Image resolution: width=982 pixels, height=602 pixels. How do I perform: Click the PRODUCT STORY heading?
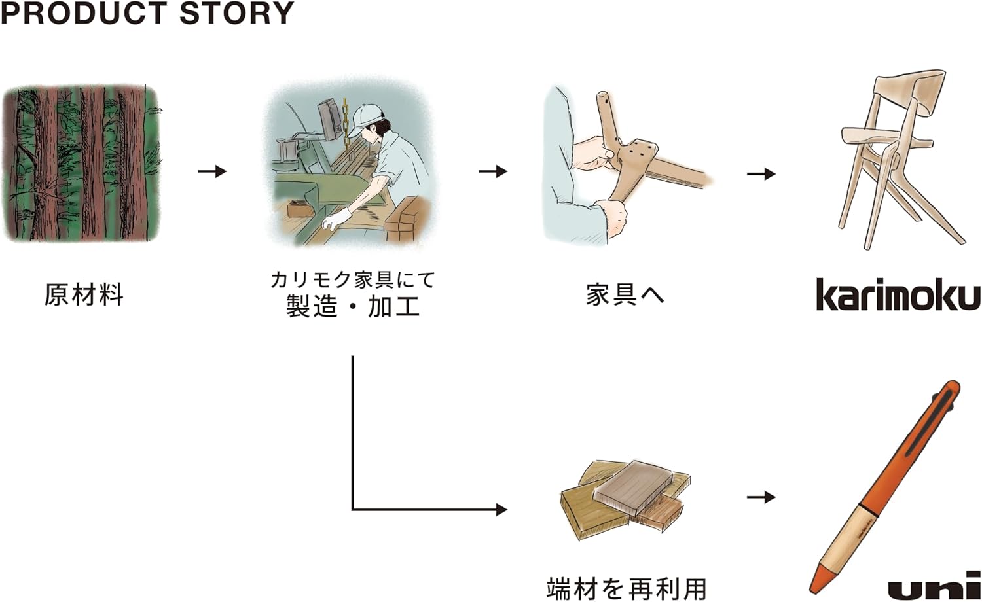click(147, 13)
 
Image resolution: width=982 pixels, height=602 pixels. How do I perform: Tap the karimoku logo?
click(898, 295)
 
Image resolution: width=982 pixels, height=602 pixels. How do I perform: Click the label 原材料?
click(84, 295)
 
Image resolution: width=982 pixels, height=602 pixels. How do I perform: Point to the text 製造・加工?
click(352, 307)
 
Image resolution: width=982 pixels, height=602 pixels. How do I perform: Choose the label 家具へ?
click(625, 295)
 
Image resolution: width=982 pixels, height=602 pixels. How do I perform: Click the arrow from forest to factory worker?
click(212, 171)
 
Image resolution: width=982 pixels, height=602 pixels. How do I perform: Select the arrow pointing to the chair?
click(761, 174)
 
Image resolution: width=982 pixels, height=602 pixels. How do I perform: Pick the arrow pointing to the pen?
click(761, 497)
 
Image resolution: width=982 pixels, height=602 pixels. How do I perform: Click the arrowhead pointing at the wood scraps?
click(501, 509)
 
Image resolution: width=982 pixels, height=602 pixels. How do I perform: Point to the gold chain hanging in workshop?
click(345, 121)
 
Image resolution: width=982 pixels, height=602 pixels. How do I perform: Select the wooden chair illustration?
click(897, 157)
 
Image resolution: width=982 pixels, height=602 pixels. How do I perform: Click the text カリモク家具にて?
click(352, 280)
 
